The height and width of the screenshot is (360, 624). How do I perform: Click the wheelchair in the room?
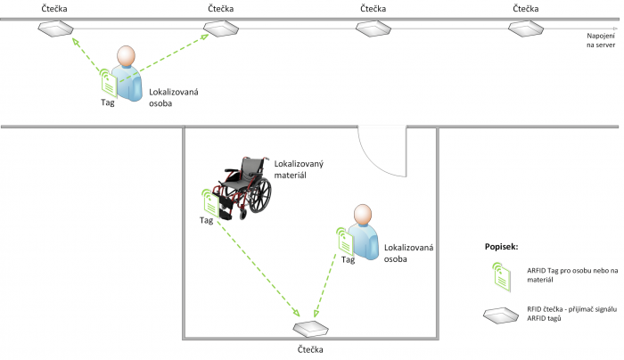click(244, 184)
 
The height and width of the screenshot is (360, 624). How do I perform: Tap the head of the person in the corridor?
click(127, 56)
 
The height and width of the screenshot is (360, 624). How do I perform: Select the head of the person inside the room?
click(362, 215)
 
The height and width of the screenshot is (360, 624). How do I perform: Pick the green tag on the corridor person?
click(107, 83)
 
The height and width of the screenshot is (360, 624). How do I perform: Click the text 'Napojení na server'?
click(597, 39)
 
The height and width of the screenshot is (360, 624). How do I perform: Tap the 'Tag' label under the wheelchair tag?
click(206, 220)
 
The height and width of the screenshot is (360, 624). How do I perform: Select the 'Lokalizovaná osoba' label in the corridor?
click(172, 98)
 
